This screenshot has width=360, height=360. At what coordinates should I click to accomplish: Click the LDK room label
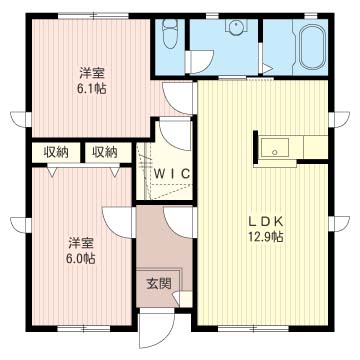[266, 221]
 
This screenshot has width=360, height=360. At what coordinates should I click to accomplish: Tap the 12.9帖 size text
[265, 237]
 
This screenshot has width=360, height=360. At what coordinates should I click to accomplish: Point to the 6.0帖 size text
[79, 258]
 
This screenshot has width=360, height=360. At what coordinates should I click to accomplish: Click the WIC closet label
[172, 173]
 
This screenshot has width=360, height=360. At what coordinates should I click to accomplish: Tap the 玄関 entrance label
[159, 283]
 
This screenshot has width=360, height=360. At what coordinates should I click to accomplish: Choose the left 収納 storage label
[56, 152]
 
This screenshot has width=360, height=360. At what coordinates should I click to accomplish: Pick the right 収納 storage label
[105, 152]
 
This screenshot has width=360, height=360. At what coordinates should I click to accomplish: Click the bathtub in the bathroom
[312, 47]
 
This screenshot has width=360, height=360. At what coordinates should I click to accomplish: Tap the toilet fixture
[170, 34]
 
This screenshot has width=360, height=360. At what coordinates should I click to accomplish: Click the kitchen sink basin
[275, 148]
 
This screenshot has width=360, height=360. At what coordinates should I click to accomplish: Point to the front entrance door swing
[157, 328]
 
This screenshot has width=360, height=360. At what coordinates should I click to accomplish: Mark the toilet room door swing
[199, 62]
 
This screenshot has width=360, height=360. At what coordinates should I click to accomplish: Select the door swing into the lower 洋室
[118, 223]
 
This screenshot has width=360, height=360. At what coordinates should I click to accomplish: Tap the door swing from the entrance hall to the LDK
[178, 222]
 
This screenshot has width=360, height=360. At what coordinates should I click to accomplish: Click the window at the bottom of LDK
[253, 329]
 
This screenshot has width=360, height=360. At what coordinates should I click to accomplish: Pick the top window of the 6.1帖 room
[94, 16]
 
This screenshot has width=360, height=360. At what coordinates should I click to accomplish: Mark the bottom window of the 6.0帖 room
[84, 329]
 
